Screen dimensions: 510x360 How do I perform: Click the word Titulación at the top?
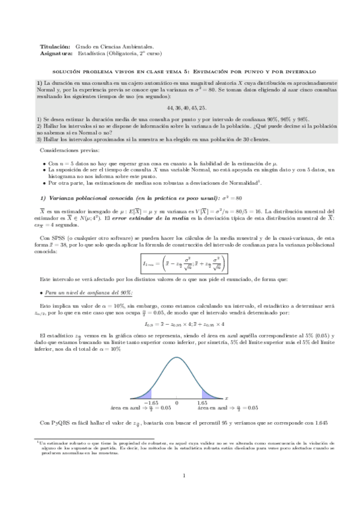click(52, 46)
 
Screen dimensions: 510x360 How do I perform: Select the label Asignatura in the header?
click(54, 52)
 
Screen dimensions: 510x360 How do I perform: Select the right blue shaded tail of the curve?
click(209, 395)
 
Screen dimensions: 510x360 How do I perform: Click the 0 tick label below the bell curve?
click(177, 402)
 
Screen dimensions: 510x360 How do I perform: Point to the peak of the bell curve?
click(177, 359)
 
